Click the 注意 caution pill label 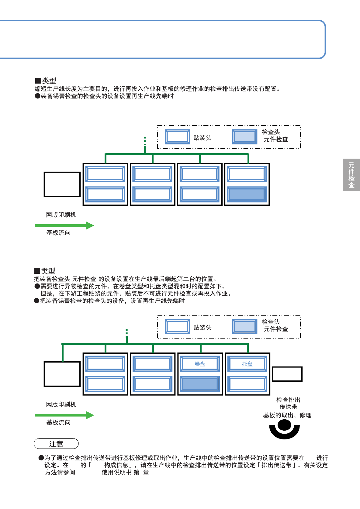pyautogui.click(x=56, y=444)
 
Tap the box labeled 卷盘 pyautogui.click(x=200, y=364)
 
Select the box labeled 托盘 pyautogui.click(x=247, y=364)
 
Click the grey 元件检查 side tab pyautogui.click(x=351, y=175)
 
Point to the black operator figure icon pyautogui.click(x=284, y=429)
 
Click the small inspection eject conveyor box pyautogui.click(x=287, y=374)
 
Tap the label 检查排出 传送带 pyautogui.click(x=288, y=403)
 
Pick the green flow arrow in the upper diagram pyautogui.click(x=64, y=225)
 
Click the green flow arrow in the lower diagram pyautogui.click(x=64, y=415)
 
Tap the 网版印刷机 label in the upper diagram pyautogui.click(x=61, y=215)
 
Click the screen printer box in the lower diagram pyautogui.click(x=62, y=374)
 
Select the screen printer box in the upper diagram pyautogui.click(x=62, y=184)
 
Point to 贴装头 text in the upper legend pyautogui.click(x=202, y=138)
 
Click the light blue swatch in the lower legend pyautogui.click(x=245, y=327)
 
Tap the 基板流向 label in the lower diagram pyautogui.click(x=58, y=422)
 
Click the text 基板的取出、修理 pyautogui.click(x=287, y=415)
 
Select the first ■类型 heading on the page pyautogui.click(x=46, y=81)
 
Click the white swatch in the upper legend pyautogui.click(x=178, y=137)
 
